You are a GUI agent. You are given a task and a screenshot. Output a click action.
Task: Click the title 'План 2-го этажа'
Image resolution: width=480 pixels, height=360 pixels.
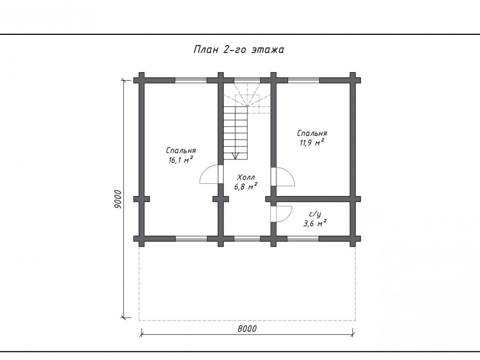click(x=239, y=50)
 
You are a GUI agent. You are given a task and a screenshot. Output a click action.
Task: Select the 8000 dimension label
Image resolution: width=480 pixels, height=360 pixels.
click(x=247, y=329)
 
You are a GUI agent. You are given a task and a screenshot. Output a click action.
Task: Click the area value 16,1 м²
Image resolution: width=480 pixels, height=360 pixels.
click(x=181, y=160)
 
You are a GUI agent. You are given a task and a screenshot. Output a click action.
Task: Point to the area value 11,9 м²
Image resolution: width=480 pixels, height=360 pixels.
click(x=312, y=142)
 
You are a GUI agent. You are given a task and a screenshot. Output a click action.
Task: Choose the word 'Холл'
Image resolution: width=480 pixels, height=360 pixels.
click(x=246, y=177)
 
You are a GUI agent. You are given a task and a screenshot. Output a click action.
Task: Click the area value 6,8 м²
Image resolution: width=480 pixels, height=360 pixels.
click(x=245, y=186)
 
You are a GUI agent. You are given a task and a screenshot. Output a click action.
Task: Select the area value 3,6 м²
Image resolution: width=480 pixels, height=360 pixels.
click(x=314, y=223)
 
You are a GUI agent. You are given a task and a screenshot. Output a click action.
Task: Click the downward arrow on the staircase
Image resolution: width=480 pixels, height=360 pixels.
click(x=235, y=156)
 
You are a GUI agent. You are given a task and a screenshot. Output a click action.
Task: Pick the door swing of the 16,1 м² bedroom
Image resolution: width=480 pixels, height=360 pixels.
click(x=209, y=174)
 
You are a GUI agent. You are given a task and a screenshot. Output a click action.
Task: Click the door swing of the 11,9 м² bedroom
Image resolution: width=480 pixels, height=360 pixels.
click(x=285, y=177)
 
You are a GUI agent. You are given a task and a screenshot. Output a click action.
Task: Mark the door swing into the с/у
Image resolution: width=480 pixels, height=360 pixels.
click(x=283, y=214)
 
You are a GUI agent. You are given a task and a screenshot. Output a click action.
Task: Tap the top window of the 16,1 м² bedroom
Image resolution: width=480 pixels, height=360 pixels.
click(x=191, y=81)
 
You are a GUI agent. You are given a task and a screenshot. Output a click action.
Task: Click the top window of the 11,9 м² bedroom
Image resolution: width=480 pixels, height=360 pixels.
click(x=304, y=81)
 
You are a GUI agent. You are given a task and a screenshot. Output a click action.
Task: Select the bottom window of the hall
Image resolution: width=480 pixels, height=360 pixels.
click(x=247, y=239)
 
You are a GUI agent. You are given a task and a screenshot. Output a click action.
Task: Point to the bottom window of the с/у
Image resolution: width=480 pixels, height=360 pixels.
click(x=303, y=239)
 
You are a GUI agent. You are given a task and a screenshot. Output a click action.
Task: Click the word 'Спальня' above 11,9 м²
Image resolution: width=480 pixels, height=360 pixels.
click(x=312, y=134)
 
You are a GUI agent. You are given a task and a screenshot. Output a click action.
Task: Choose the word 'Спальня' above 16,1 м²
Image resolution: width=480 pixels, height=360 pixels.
click(x=181, y=150)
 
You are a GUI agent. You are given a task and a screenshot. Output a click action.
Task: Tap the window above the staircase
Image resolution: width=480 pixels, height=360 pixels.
click(x=247, y=81)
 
